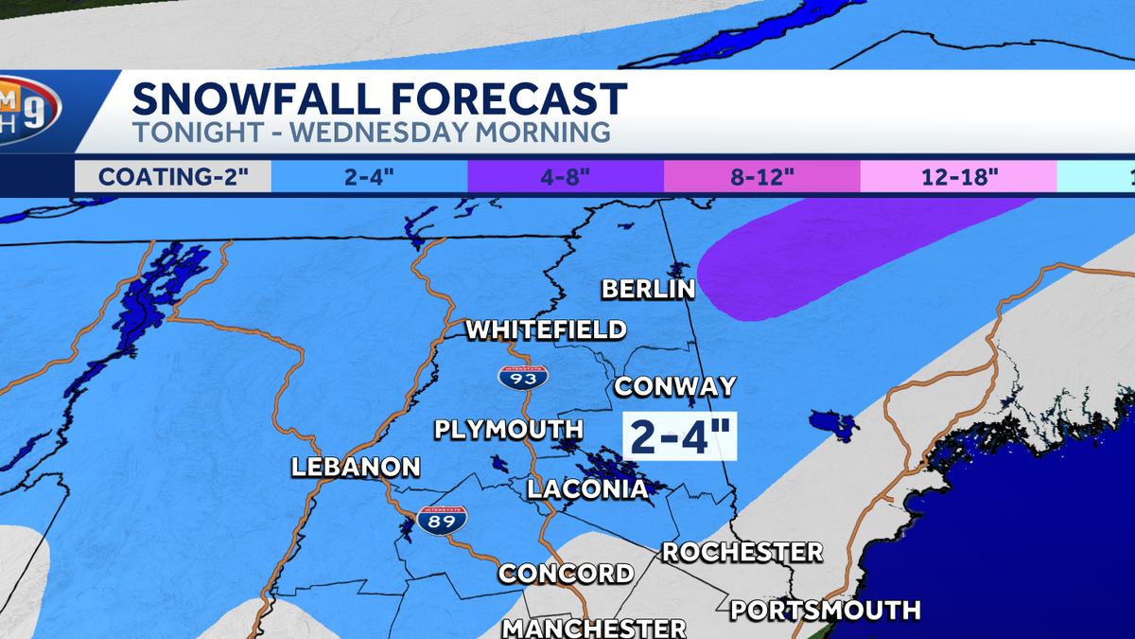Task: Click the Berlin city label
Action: [x=649, y=289]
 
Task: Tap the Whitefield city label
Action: [x=546, y=329]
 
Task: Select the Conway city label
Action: [x=674, y=386]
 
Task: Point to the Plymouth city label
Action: [x=509, y=429]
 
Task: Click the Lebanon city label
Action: [x=355, y=467]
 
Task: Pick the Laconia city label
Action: [x=587, y=488]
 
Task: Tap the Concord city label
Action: [x=566, y=573]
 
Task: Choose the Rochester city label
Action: [x=742, y=551]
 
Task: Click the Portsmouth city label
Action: [x=826, y=609]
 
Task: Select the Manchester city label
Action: [x=594, y=627]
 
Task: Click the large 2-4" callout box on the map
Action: [x=680, y=437]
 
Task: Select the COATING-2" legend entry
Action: [x=172, y=177]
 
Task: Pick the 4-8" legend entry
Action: [x=566, y=177]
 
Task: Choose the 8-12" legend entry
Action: [x=761, y=177]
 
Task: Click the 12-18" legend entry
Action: [x=957, y=177]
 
